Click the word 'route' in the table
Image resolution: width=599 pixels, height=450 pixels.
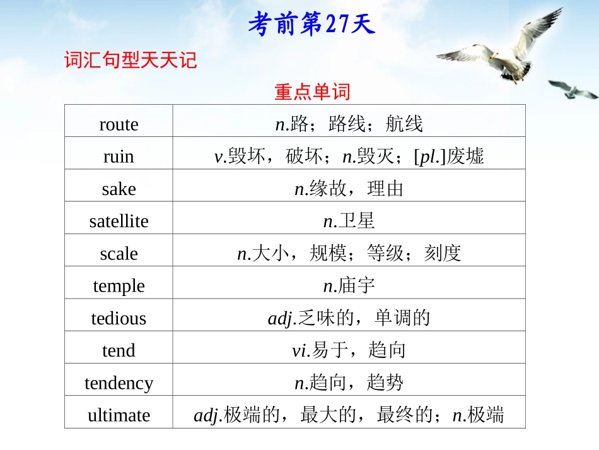coord(119,124)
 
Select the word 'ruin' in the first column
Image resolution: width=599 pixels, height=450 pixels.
coord(119,157)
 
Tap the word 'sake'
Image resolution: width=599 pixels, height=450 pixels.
coord(119,189)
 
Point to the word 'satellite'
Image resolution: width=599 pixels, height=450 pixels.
coord(119,221)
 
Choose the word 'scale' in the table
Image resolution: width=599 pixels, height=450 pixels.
coord(119,254)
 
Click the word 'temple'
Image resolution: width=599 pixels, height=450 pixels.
coord(119,286)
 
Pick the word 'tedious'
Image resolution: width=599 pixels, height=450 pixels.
coord(119,318)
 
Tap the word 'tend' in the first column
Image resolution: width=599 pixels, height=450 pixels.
coord(119,350)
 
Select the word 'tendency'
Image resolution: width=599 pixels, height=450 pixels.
coord(119,383)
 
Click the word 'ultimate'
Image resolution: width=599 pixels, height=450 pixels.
coord(119,415)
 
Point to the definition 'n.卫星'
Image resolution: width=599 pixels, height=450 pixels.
coord(349,221)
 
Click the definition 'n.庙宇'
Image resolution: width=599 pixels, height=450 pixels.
coord(349,286)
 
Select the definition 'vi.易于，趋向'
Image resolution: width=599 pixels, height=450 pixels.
coord(349,350)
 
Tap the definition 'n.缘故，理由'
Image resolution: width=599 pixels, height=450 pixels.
coord(349,189)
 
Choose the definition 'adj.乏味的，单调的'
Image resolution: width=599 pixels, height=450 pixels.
coord(349,318)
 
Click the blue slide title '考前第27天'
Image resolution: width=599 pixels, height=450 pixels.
coord(311,25)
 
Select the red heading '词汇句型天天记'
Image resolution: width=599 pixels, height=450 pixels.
coord(131,61)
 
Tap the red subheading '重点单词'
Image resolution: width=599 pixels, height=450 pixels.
coord(311,93)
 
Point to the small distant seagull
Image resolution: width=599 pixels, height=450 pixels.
coord(573,90)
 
